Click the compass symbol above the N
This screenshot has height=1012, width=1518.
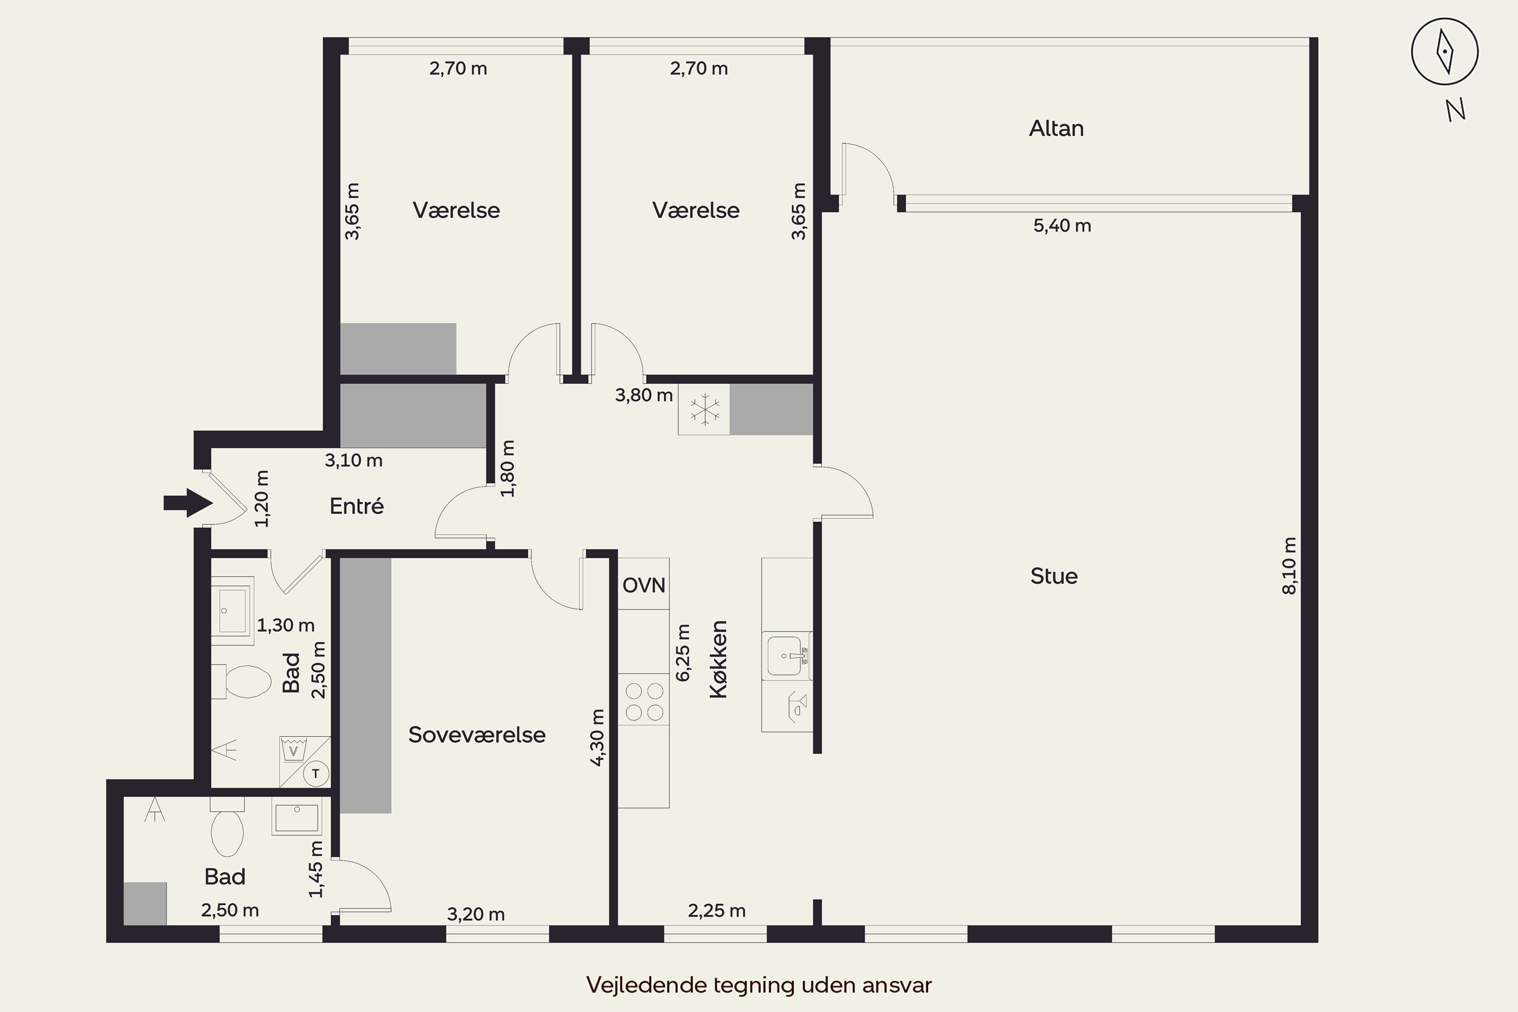tap(1445, 52)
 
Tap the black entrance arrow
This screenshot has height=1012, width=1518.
tap(188, 503)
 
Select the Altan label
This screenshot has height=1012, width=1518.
tap(1056, 129)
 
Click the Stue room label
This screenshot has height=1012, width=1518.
tap(1054, 576)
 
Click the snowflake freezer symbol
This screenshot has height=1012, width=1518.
tap(705, 409)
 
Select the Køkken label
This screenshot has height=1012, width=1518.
tap(719, 659)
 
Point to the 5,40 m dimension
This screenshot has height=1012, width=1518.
tap(1062, 226)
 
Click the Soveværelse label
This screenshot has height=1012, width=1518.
tap(477, 735)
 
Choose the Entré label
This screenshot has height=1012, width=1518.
tap(356, 506)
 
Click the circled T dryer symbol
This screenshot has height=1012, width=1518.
tap(316, 773)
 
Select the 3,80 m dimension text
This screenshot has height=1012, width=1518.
tap(644, 395)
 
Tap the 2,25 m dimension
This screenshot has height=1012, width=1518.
tap(716, 911)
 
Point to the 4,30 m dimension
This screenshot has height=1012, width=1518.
tap(598, 738)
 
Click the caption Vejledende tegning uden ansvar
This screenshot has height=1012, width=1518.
tap(759, 985)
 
